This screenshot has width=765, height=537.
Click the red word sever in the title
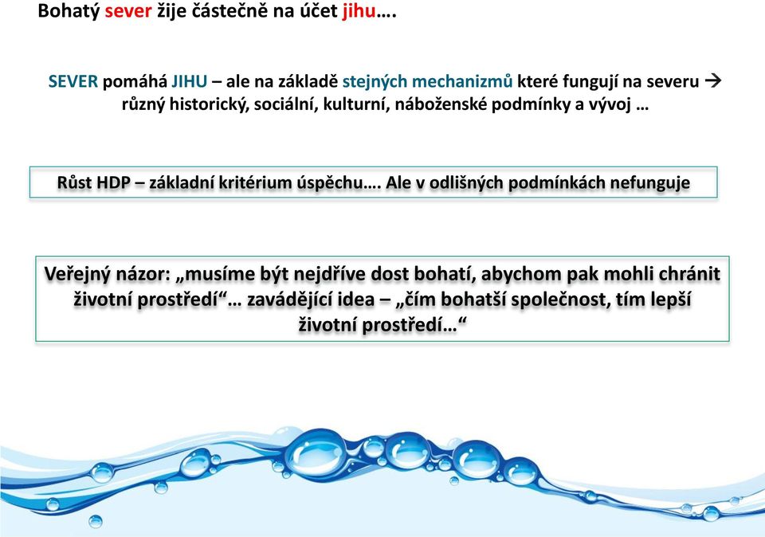click(128, 11)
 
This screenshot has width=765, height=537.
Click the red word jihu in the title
click(359, 11)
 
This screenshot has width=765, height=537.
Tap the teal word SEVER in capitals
click(73, 81)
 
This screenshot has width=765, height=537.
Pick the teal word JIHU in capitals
click(190, 81)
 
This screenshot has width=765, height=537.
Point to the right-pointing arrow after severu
click(713, 81)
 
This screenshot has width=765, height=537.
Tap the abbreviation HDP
click(113, 182)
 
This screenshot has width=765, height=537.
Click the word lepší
click(670, 300)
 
